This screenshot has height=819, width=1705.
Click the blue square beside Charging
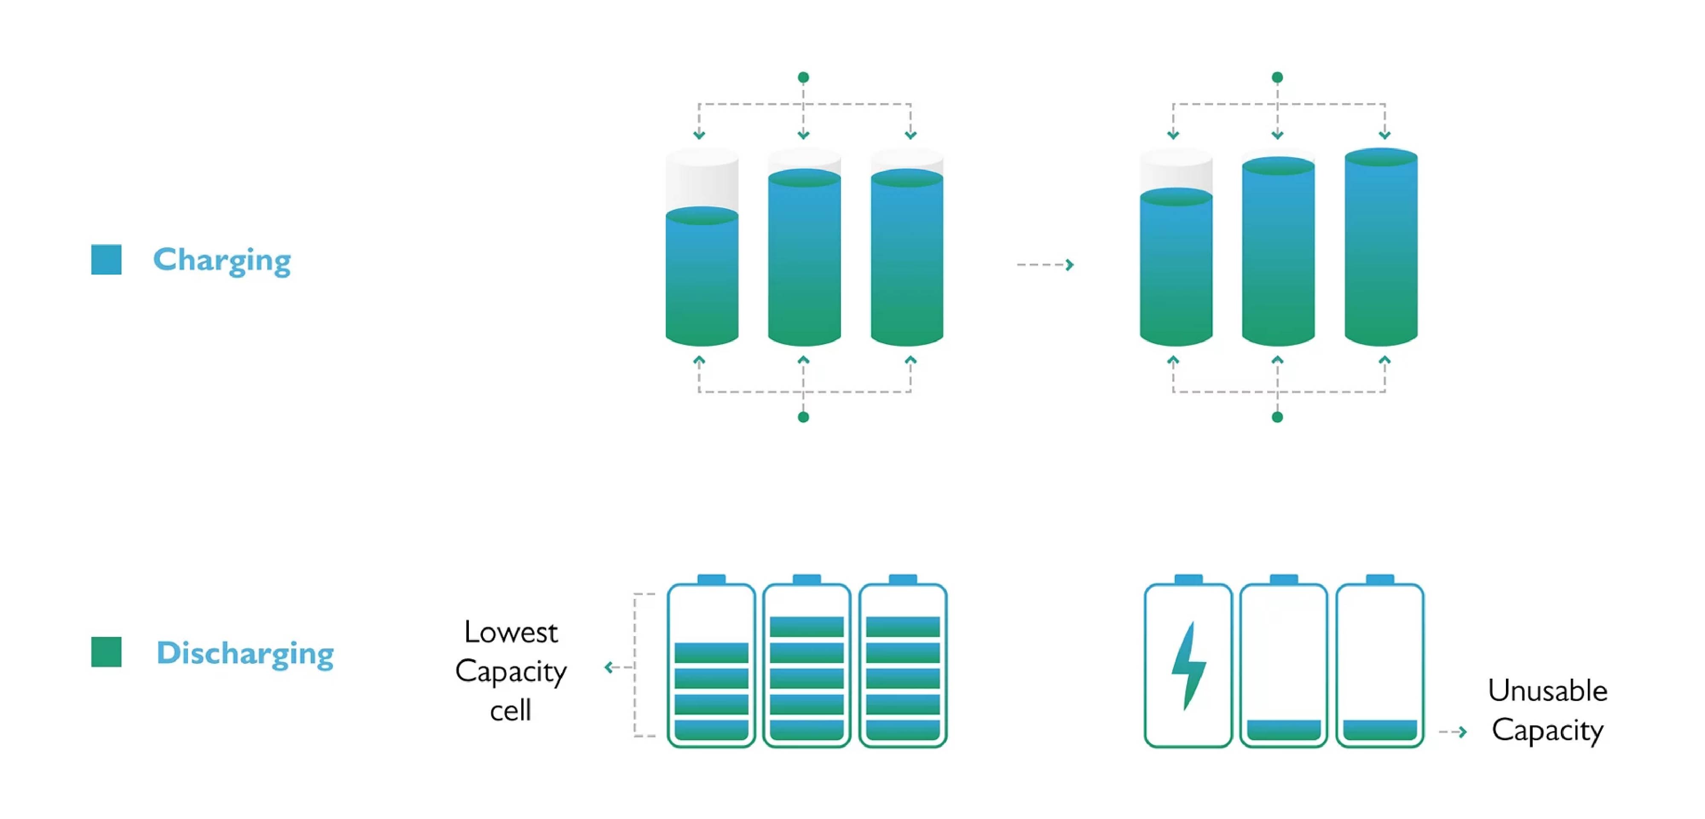point(106,259)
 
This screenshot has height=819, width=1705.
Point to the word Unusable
point(1547,691)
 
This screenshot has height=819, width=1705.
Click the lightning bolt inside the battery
point(1189,666)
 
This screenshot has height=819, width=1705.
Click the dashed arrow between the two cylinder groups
point(1045,265)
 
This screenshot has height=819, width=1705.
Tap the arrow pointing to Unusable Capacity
point(1454,732)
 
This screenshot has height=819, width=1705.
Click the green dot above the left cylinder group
point(803,78)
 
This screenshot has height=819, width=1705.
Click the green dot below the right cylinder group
point(1277,417)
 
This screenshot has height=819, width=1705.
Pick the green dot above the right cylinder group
point(1277,78)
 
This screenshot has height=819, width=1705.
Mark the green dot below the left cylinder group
point(803,417)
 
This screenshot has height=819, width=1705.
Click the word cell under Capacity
point(510,710)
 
